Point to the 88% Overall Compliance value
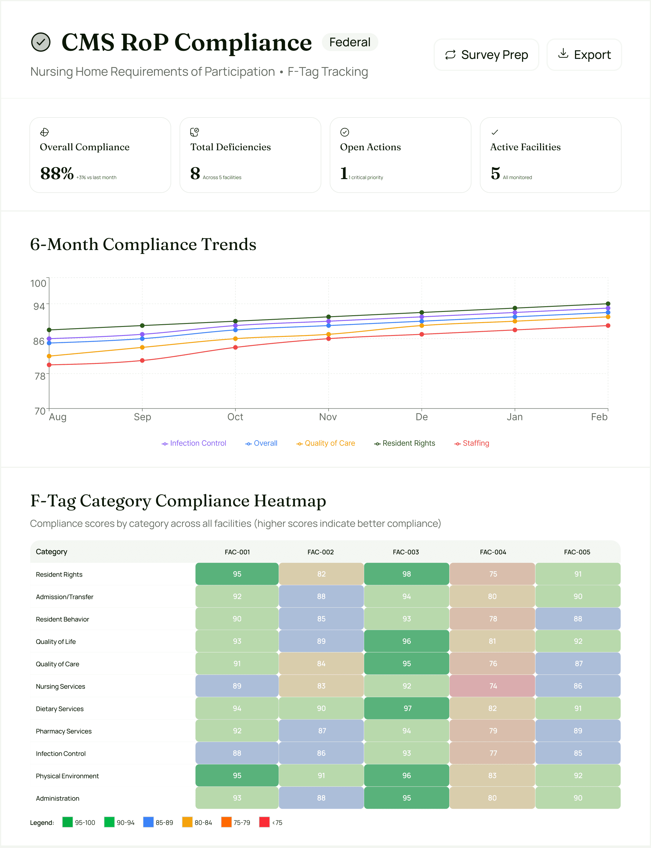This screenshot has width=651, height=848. pyautogui.click(x=56, y=173)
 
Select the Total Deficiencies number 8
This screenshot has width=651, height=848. pyautogui.click(x=195, y=173)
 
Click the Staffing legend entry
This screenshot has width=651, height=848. pyautogui.click(x=472, y=443)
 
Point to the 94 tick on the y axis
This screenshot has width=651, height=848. pyautogui.click(x=39, y=306)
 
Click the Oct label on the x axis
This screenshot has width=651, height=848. pyautogui.click(x=235, y=417)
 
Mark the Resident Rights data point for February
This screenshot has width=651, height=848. pyautogui.click(x=607, y=304)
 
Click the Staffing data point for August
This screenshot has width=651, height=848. pyautogui.click(x=49, y=365)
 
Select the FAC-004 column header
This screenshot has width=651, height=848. pyautogui.click(x=493, y=552)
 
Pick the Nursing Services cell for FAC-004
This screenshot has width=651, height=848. pyautogui.click(x=492, y=686)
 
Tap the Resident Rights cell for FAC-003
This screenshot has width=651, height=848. pyautogui.click(x=407, y=574)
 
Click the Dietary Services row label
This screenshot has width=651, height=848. pyautogui.click(x=60, y=709)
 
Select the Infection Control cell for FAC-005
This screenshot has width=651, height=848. pyautogui.click(x=577, y=753)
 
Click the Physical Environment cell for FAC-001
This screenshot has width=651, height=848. pyautogui.click(x=237, y=776)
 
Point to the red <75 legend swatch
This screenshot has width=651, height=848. pyautogui.click(x=264, y=822)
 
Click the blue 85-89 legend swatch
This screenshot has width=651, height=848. pyautogui.click(x=148, y=822)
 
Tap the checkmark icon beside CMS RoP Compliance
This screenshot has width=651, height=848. pyautogui.click(x=41, y=42)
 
